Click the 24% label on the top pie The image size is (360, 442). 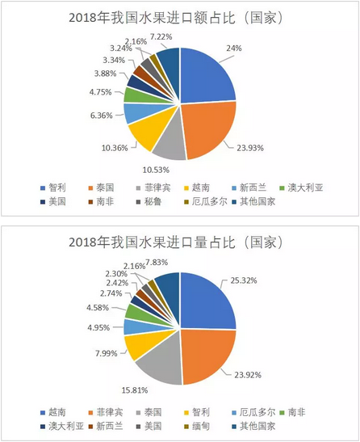234,48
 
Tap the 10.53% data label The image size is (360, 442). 156,170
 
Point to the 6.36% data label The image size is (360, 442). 101,116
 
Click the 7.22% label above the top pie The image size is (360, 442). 161,36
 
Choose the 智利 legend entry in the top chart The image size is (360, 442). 53,187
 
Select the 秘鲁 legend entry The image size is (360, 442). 149,201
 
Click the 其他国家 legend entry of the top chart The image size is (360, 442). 253,201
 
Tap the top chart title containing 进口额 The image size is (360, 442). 176,18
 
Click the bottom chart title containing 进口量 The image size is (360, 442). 176,242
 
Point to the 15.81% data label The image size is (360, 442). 135,390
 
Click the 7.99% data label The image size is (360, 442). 107,353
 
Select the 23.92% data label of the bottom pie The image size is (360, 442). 248,375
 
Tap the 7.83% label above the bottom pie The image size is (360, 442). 157,262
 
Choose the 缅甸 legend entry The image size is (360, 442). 197,426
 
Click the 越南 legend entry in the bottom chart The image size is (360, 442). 53,412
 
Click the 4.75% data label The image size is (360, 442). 101,92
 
